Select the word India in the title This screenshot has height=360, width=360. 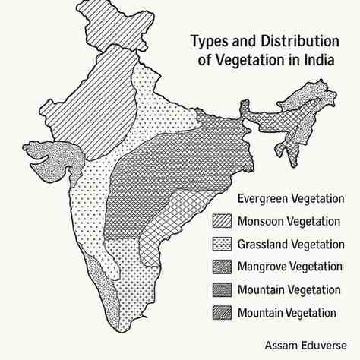(x=319, y=61)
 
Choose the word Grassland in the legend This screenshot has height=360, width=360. (x=263, y=245)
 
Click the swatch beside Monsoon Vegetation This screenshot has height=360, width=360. (x=220, y=222)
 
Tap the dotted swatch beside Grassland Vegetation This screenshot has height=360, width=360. (x=220, y=245)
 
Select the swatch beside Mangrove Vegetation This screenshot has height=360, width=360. (x=220, y=267)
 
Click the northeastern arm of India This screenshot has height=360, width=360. (x=304, y=106)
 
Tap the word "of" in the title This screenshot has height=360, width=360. (x=207, y=61)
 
